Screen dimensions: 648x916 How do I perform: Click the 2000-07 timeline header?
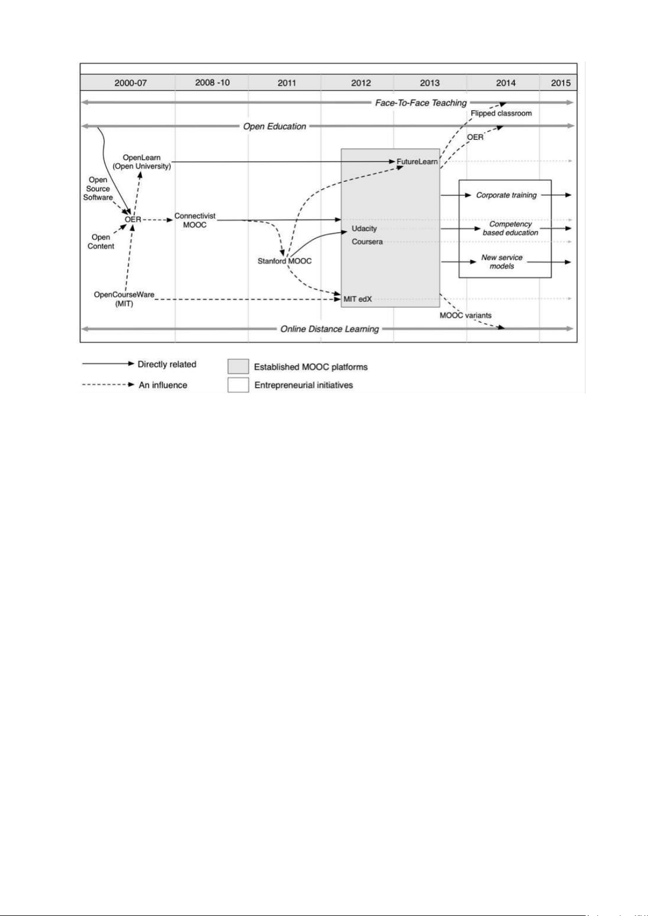[x=130, y=83]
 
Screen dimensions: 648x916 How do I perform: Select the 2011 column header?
[x=286, y=83]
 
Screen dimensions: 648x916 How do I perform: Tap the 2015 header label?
[x=560, y=83]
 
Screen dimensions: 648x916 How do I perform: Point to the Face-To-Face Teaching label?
[x=421, y=103]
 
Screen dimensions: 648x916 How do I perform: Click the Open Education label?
[x=275, y=126]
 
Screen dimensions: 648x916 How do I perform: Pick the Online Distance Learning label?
[x=329, y=329]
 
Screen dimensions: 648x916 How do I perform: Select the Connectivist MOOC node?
[x=195, y=220]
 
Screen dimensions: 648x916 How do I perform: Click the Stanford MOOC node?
[x=284, y=261]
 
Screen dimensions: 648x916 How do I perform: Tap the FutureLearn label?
[x=416, y=161]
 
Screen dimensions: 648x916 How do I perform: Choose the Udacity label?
[x=364, y=228]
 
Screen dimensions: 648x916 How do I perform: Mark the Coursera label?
[x=367, y=242]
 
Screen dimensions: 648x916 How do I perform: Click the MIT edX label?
[x=357, y=299]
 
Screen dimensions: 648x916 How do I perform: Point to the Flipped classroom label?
[x=501, y=113]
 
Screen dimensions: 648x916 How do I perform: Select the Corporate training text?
[x=506, y=195]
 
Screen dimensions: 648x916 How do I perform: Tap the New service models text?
[x=502, y=261]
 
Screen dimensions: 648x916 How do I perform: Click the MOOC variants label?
[x=465, y=315]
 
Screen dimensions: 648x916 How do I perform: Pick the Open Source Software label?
[x=98, y=189]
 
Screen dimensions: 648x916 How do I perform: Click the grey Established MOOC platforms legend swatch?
[x=238, y=366]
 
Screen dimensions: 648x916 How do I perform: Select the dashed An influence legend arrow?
[x=108, y=385]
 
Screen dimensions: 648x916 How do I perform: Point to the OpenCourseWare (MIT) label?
[x=124, y=300]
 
